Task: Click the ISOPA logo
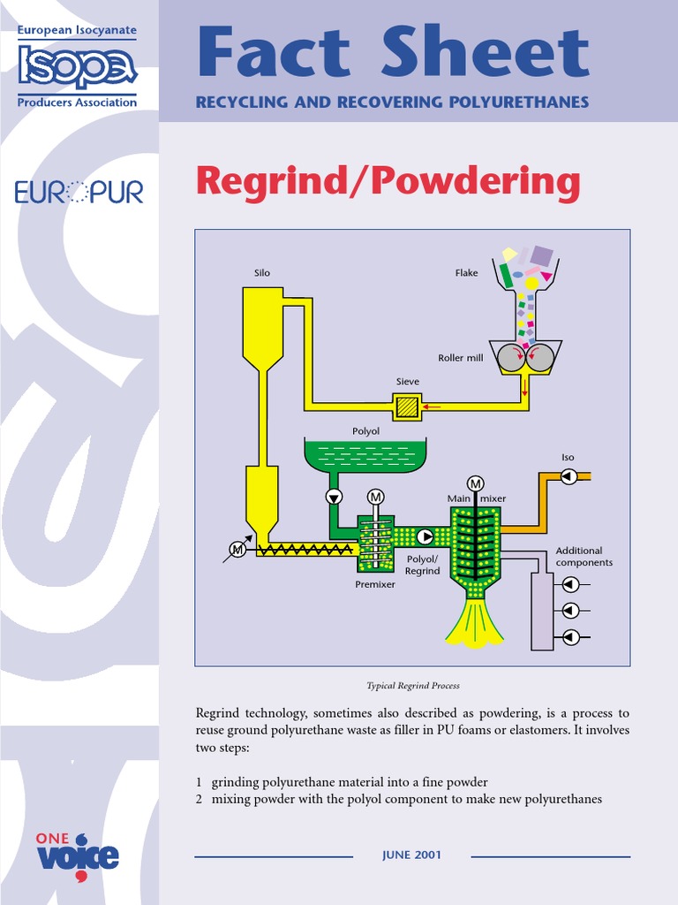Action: [78, 67]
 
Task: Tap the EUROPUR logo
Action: [79, 192]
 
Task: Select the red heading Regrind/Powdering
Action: [388, 181]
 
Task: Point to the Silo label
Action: [262, 273]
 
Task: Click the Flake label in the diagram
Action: [466, 273]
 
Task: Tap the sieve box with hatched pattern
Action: [407, 407]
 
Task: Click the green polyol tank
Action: [365, 454]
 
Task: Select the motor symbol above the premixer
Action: [376, 498]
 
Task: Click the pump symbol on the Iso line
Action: [569, 476]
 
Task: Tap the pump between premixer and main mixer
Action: [425, 536]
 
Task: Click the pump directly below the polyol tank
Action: [335, 497]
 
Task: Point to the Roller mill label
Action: [460, 358]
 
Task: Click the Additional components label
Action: [584, 557]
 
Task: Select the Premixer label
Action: [375, 585]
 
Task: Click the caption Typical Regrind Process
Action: [412, 686]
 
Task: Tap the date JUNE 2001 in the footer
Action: [411, 855]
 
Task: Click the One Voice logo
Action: [77, 854]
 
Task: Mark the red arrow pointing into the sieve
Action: [433, 407]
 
